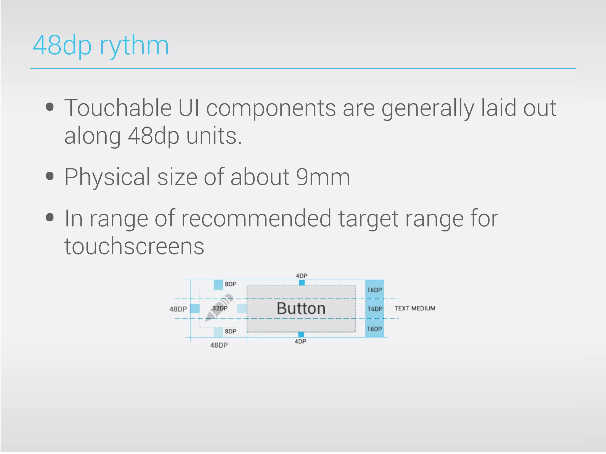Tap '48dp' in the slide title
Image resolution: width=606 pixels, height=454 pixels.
click(x=62, y=46)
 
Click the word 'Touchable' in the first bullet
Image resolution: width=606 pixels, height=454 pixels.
click(x=118, y=108)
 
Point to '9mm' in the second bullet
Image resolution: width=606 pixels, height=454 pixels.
click(x=323, y=177)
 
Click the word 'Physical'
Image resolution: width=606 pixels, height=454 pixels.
click(x=107, y=177)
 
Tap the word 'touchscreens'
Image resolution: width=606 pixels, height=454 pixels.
click(x=134, y=246)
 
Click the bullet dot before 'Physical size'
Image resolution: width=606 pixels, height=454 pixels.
click(x=50, y=176)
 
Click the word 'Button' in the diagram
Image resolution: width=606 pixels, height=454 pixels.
click(x=301, y=309)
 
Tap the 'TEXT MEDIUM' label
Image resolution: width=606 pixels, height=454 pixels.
click(x=415, y=308)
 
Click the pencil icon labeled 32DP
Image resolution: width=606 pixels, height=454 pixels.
click(x=219, y=307)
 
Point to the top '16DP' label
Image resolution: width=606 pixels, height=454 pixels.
click(x=374, y=290)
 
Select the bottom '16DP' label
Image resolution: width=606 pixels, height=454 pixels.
click(x=374, y=329)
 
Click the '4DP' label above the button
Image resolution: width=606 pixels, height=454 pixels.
click(x=302, y=276)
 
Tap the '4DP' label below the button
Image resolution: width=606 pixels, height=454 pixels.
click(x=300, y=341)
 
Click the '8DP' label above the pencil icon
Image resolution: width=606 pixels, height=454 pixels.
click(x=231, y=284)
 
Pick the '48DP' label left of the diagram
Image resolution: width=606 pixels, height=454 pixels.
click(x=178, y=309)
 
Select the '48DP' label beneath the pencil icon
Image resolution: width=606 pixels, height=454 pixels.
click(x=219, y=345)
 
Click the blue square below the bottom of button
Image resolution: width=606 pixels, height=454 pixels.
click(x=301, y=334)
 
